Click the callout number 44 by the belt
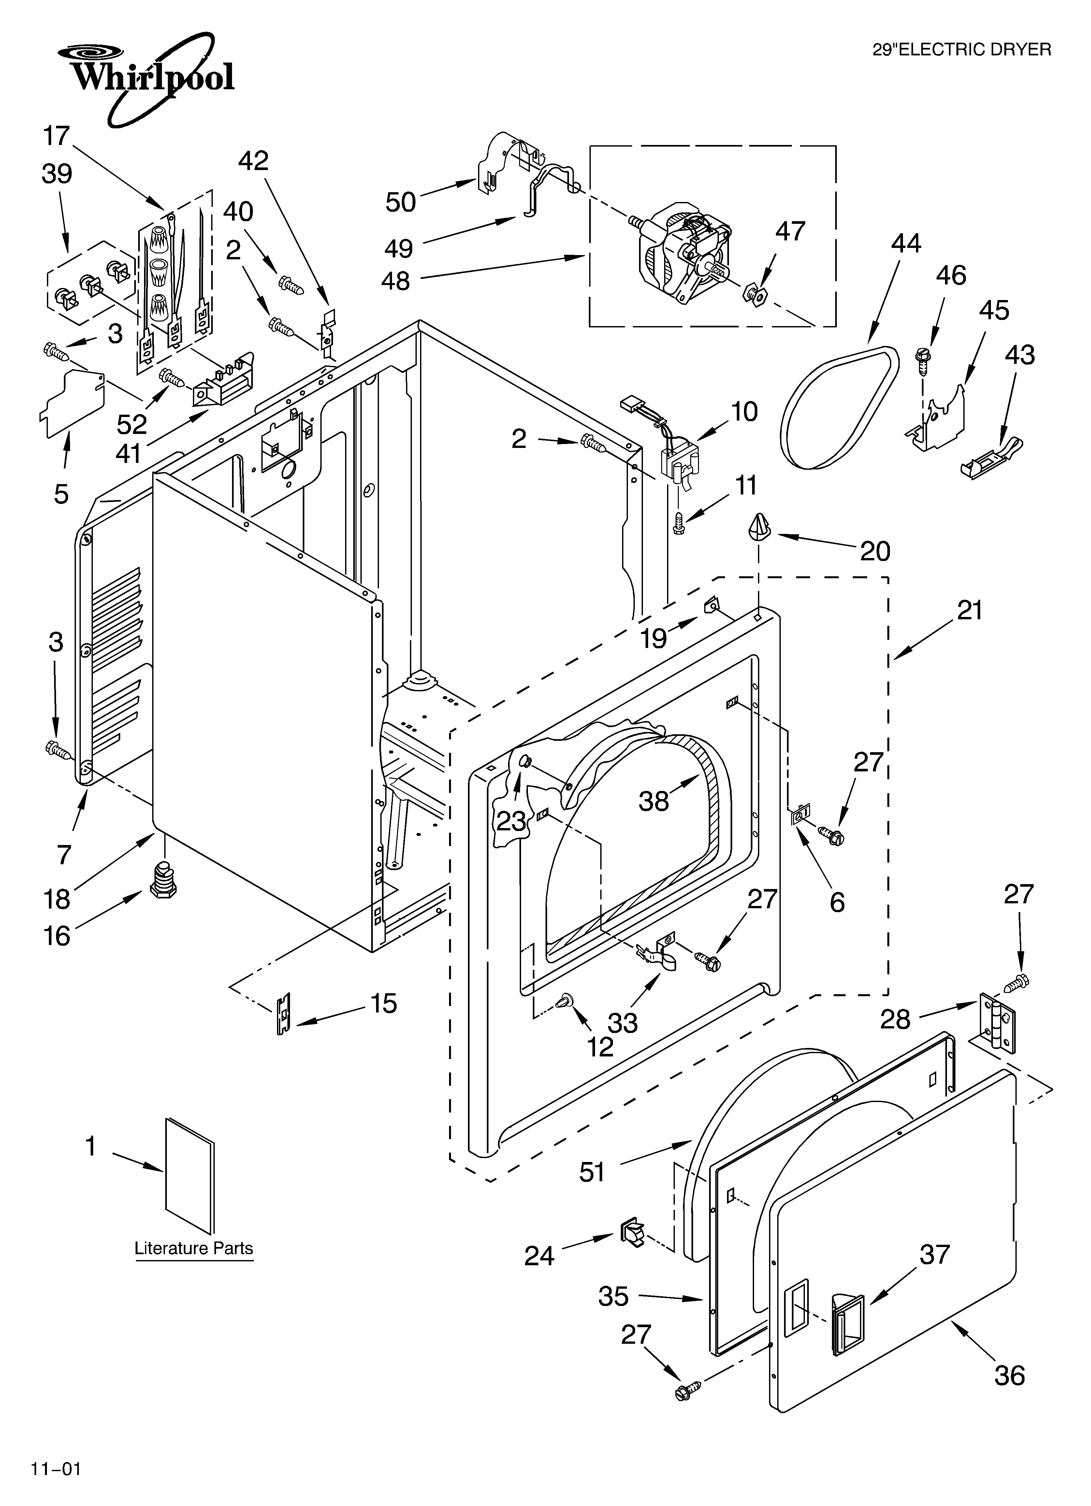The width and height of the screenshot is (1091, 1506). click(906, 244)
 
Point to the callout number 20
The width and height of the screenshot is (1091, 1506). click(875, 551)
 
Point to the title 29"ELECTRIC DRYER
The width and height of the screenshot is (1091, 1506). click(961, 50)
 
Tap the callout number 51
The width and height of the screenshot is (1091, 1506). click(592, 1173)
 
